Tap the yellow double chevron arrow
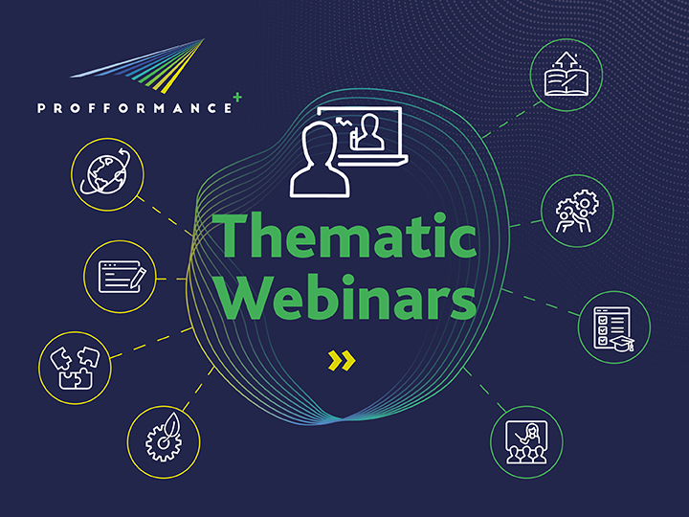(x=342, y=360)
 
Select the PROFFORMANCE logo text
(x=134, y=108)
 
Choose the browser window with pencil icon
(x=121, y=277)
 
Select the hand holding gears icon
(x=577, y=210)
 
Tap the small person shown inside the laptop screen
(x=367, y=134)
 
